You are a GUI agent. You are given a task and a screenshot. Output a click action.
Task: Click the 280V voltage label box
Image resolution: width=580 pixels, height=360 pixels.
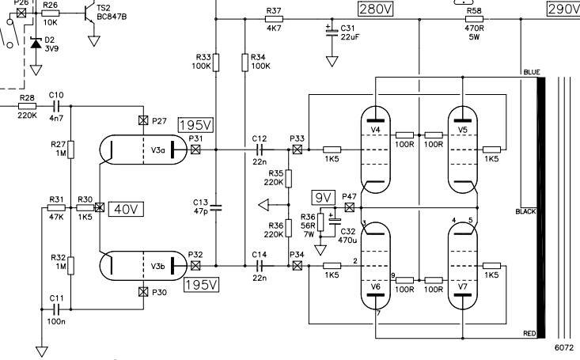point(376,9)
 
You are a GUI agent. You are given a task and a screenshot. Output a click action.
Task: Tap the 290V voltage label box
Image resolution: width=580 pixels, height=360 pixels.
point(563,9)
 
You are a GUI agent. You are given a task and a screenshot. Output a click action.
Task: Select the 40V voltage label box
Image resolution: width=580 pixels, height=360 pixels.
point(124,209)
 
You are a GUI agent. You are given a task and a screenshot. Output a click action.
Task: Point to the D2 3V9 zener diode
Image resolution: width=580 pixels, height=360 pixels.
point(35,43)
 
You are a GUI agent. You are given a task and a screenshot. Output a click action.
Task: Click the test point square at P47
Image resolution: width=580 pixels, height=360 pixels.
point(349,207)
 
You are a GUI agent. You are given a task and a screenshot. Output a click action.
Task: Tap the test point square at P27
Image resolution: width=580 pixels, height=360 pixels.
point(142,120)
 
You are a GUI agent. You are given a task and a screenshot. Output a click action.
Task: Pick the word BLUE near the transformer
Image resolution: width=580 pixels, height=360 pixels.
point(531,72)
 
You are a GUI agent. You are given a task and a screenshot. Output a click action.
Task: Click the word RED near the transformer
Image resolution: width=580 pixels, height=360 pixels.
point(530,335)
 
